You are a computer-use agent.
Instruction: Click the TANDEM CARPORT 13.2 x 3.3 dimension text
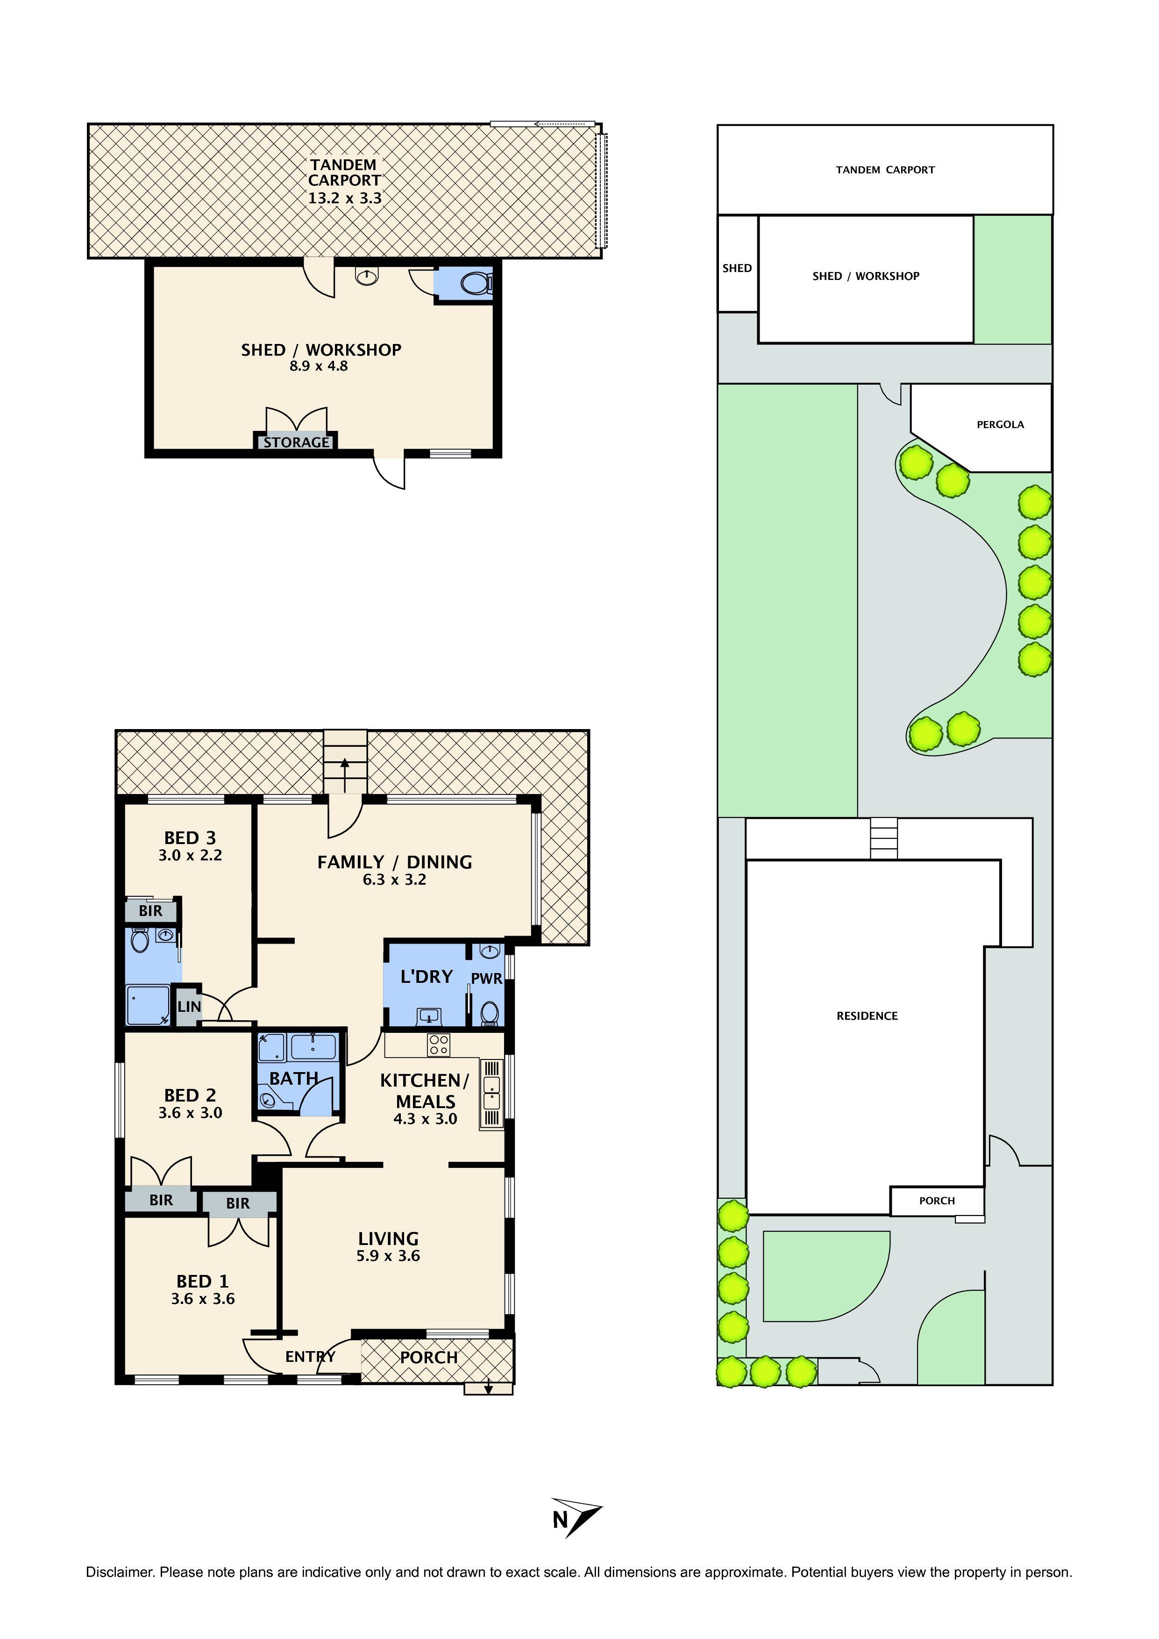[345, 199]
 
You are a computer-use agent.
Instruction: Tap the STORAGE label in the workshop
[296, 443]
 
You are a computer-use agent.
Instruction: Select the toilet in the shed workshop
[475, 284]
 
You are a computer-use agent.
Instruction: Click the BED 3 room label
[190, 838]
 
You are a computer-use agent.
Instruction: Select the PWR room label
[487, 979]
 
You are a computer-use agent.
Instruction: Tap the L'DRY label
[427, 976]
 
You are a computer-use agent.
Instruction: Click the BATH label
[293, 1079]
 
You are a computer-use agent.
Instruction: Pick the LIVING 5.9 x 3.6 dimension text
[388, 1256]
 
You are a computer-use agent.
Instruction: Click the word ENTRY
[310, 1356]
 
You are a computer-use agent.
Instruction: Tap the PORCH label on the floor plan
[428, 1357]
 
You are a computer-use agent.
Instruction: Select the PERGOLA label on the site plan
[1000, 425]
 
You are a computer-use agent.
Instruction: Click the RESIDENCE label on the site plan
[867, 1016]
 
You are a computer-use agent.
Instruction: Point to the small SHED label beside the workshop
[737, 268]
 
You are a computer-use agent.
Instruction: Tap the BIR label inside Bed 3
[150, 911]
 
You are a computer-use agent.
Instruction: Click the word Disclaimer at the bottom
[119, 1572]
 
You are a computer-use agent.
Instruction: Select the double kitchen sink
[491, 1092]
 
